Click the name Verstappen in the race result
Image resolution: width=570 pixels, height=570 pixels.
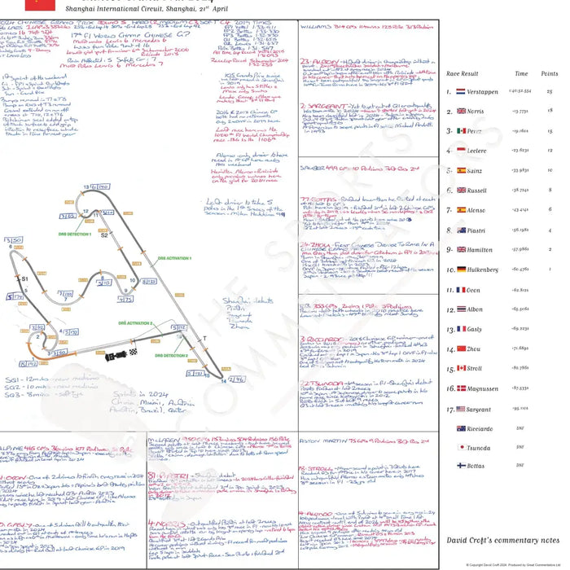[x=480, y=92]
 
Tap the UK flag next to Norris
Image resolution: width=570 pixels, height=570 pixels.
[x=461, y=111]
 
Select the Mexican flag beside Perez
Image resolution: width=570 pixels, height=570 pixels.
[x=461, y=130]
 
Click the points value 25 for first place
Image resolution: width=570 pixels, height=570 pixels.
[x=550, y=92]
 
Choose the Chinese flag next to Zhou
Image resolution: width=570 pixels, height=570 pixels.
[x=461, y=349]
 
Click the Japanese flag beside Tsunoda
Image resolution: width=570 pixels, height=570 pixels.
[x=461, y=447]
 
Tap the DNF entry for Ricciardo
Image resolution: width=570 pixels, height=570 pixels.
[x=520, y=427]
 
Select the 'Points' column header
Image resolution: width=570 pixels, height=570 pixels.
[x=549, y=73]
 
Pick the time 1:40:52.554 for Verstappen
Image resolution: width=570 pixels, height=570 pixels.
[x=520, y=92]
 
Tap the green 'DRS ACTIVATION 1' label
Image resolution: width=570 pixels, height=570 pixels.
[x=176, y=258]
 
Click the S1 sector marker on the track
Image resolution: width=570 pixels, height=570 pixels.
[x=25, y=279]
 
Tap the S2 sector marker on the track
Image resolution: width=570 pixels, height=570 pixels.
[x=104, y=237]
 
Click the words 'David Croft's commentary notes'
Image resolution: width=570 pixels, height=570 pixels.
[x=502, y=540]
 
